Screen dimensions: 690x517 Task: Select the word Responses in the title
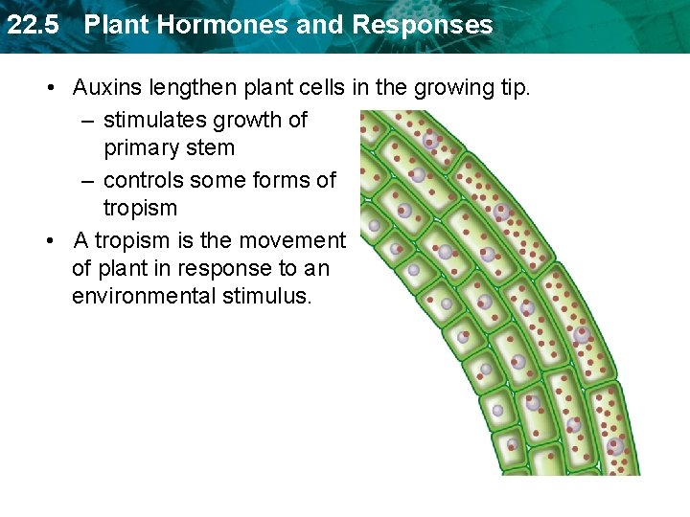click(x=423, y=25)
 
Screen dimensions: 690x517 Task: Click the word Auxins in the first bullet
click(x=106, y=88)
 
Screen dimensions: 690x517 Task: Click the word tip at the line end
click(x=514, y=88)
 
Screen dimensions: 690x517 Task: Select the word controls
click(x=143, y=179)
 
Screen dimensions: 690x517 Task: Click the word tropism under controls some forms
click(x=140, y=208)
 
